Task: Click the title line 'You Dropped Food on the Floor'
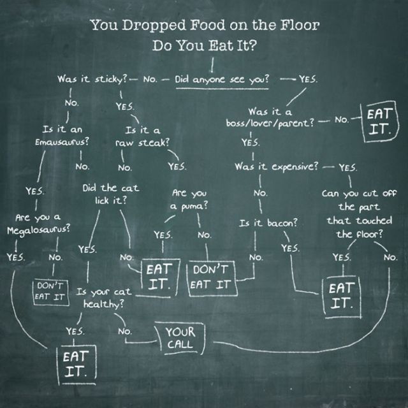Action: tap(204, 26)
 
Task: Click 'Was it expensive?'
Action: tap(276, 166)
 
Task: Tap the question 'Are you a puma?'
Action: tap(189, 199)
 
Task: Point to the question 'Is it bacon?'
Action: tap(268, 224)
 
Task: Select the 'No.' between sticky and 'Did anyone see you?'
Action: tap(150, 81)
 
